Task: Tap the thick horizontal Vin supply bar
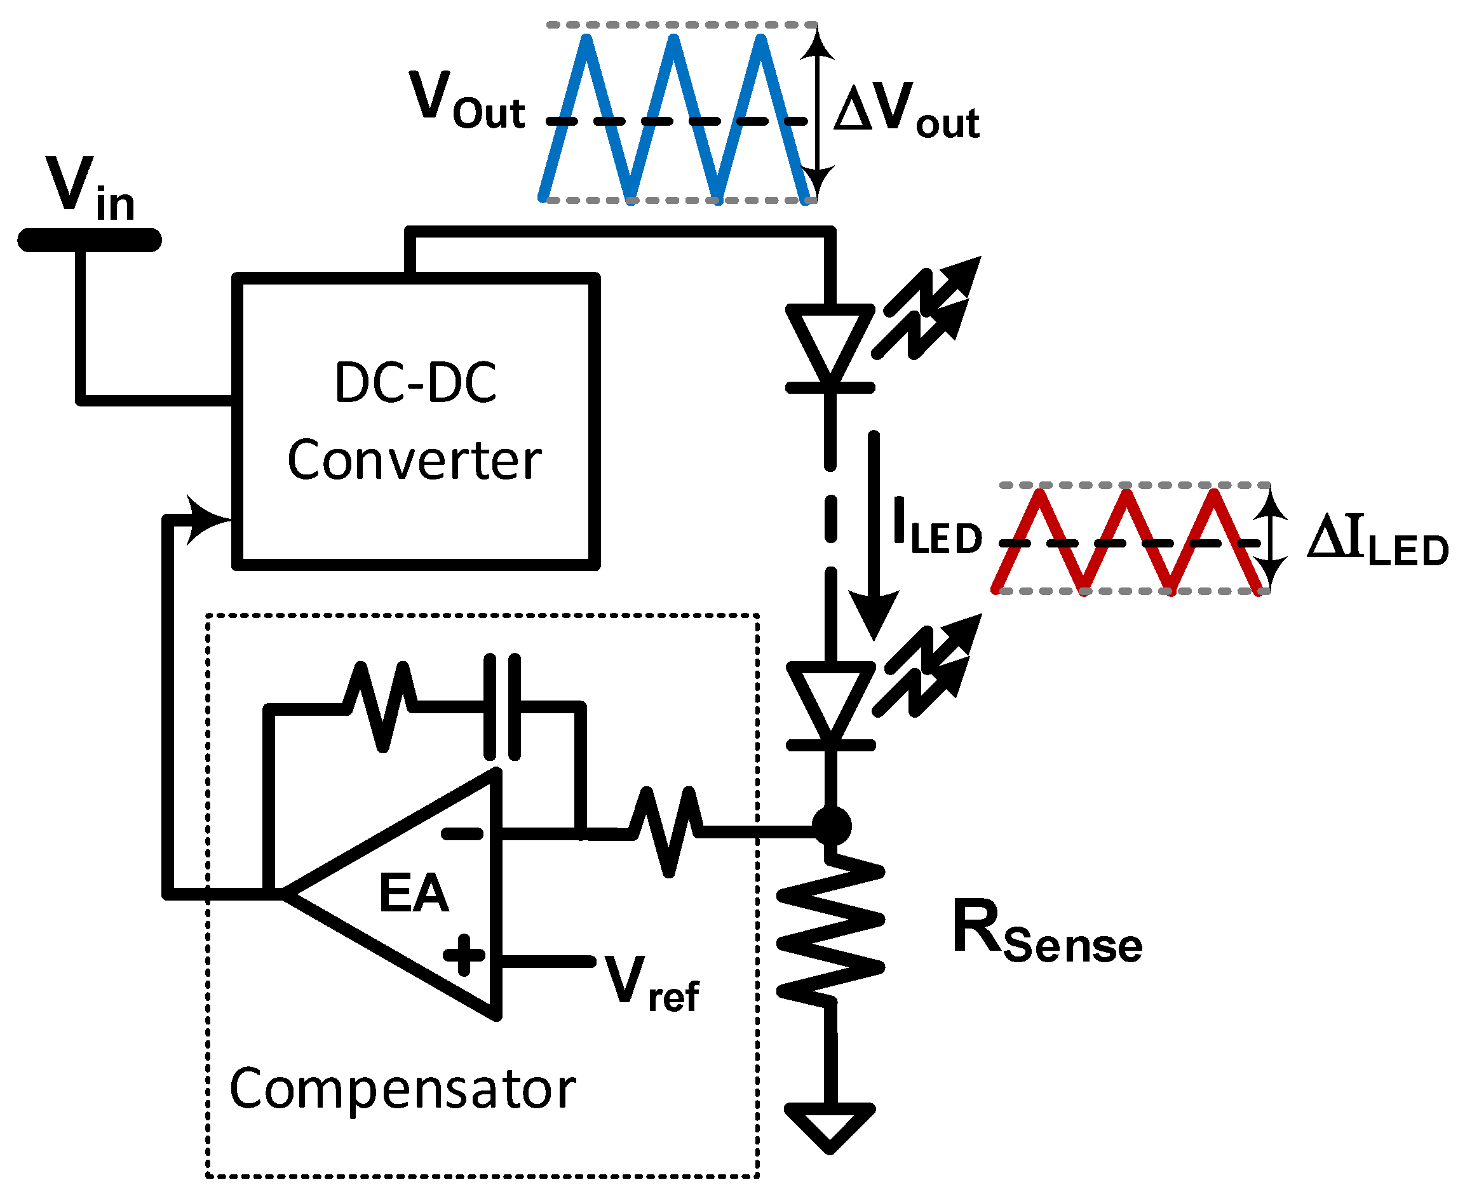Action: (90, 240)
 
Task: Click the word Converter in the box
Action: (414, 460)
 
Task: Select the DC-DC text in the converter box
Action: (415, 382)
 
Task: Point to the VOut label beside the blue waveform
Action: (466, 102)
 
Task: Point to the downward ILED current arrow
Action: (874, 537)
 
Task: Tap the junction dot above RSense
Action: (831, 826)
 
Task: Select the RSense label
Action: (1046, 932)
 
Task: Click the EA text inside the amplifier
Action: (414, 894)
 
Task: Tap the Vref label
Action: (651, 984)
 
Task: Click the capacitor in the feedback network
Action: (503, 706)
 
